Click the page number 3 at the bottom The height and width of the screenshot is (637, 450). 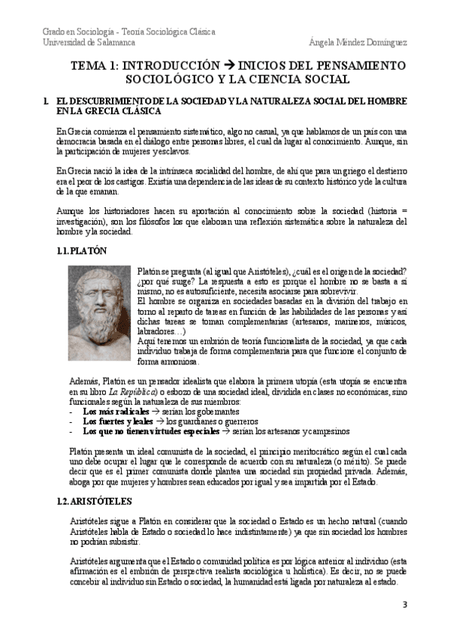click(x=405, y=605)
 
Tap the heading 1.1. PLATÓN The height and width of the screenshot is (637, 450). click(x=82, y=252)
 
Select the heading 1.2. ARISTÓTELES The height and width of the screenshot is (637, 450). click(x=94, y=479)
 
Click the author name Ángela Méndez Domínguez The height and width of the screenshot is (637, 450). click(x=358, y=43)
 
